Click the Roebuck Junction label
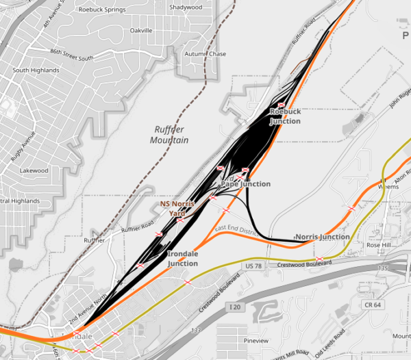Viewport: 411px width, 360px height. [x=285, y=116]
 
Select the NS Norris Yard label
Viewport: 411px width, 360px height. [x=177, y=208]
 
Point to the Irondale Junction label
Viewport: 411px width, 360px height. [x=183, y=258]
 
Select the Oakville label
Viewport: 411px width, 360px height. [x=140, y=31]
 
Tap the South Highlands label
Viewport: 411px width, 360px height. [x=34, y=70]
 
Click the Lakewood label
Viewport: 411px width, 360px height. [x=34, y=170]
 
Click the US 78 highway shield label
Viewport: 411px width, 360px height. [x=253, y=264]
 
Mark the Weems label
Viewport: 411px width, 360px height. [x=388, y=186]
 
